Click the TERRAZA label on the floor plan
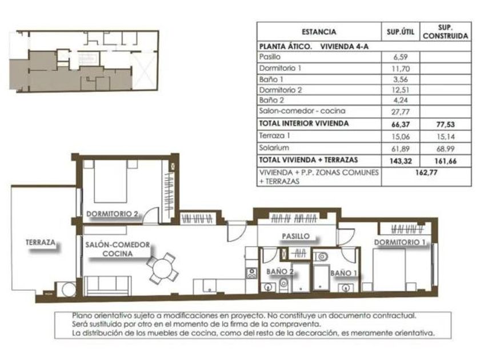coord(41,242)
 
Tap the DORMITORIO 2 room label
coord(112,214)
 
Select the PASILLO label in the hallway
coord(296,236)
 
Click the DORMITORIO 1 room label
coord(399,242)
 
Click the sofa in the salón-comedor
coord(107,286)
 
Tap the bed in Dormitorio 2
coord(110,181)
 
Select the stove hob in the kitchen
coord(251,273)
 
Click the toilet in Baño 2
coord(284,285)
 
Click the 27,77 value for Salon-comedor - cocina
coord(400,112)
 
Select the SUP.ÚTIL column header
coord(401,31)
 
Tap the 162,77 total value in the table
coord(426,173)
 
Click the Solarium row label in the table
coord(274,148)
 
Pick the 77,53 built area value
coord(445,125)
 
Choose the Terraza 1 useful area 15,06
coord(401,137)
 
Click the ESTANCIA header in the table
coord(319,32)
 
